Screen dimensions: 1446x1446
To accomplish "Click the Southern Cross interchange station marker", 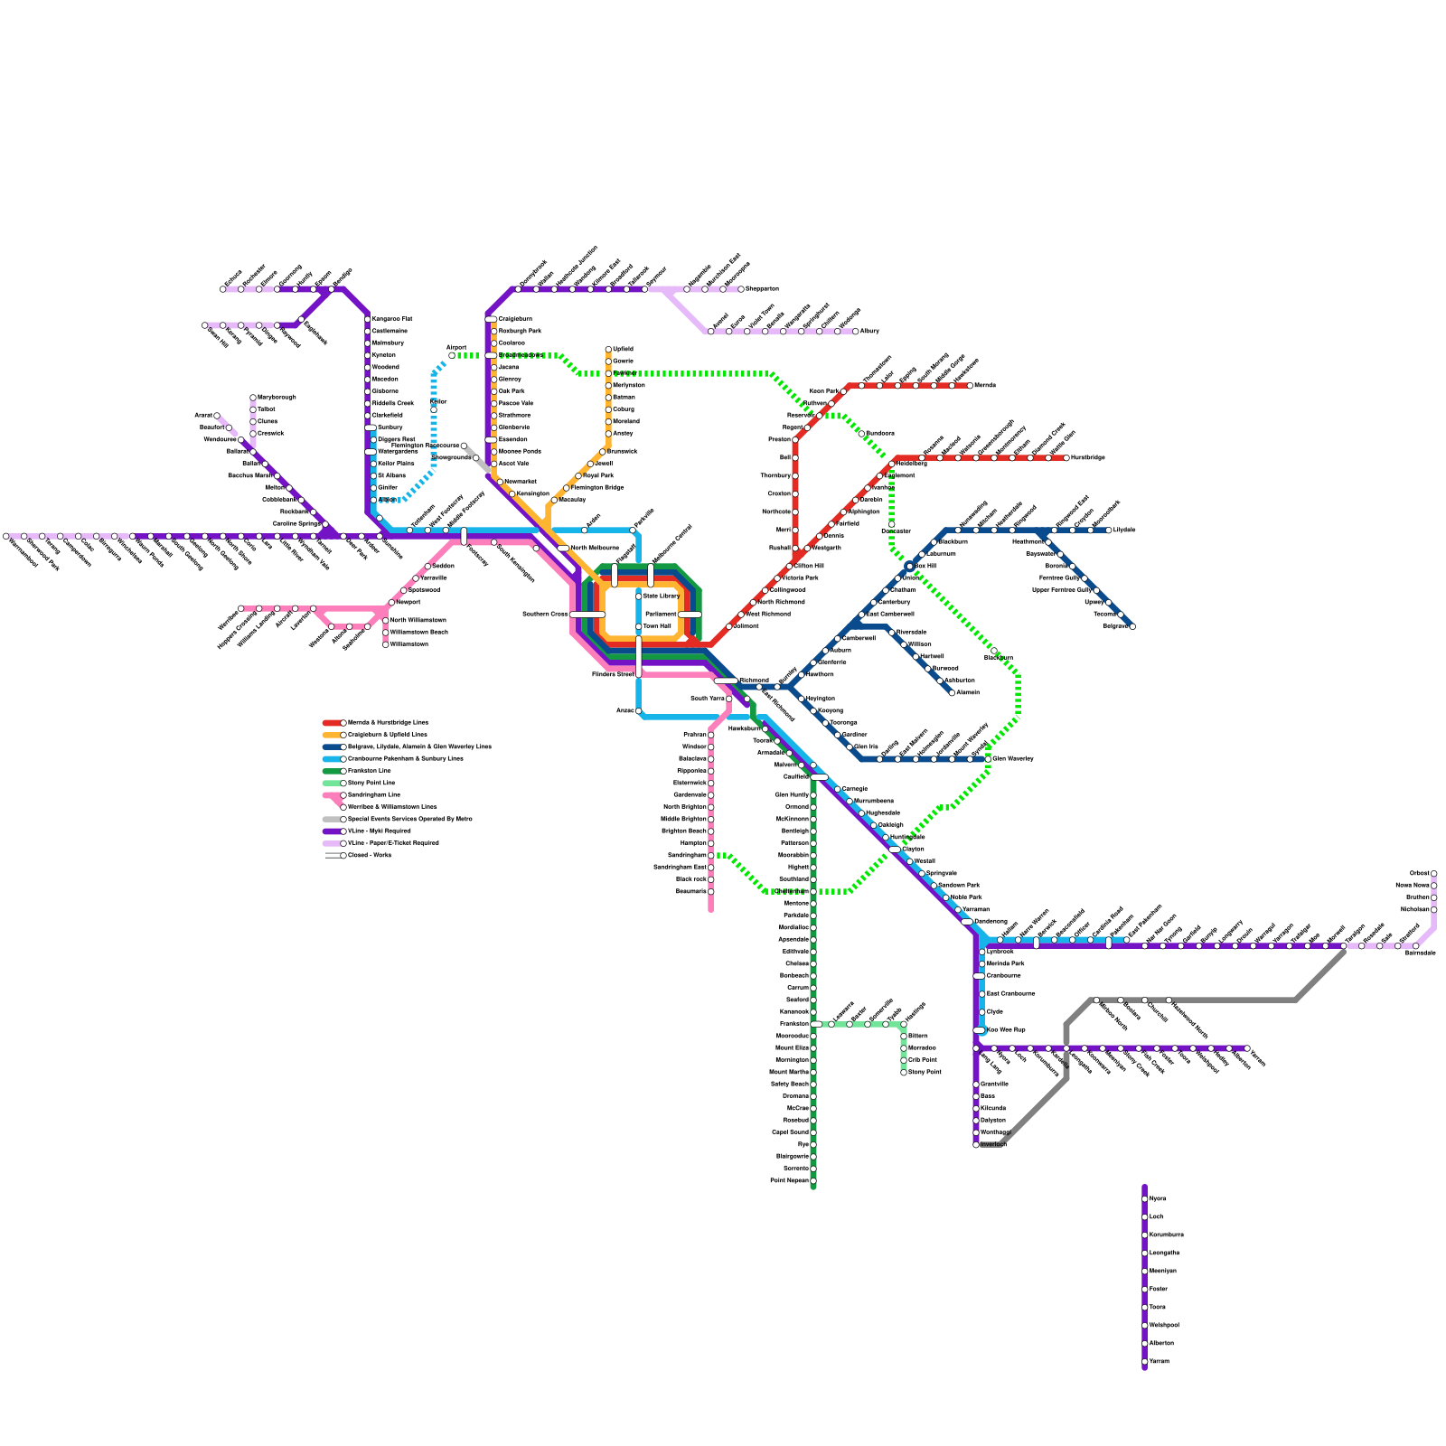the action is pos(587,615).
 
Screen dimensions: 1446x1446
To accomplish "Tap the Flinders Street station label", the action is pos(612,674).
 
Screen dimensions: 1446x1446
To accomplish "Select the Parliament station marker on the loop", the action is pos(690,615).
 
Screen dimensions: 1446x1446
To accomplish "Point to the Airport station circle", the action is pos(452,355).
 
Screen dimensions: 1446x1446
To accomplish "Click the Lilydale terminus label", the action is pos(1124,530).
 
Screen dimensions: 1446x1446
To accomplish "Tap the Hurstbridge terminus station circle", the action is pos(1066,458).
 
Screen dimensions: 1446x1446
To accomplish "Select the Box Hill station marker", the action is pos(909,567).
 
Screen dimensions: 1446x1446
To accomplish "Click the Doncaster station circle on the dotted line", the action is pos(892,524).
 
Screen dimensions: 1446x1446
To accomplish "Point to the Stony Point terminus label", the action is pos(924,1072).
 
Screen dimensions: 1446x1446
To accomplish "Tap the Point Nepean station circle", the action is pos(813,1180).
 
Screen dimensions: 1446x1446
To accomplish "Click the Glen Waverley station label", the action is pos(1012,758).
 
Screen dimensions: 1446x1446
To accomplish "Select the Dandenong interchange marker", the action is pos(966,922).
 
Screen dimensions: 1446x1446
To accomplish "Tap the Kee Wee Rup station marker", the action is pos(979,1030).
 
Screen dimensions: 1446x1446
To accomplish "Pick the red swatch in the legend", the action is pos(332,723).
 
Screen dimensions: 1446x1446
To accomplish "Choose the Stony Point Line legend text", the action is pos(371,783).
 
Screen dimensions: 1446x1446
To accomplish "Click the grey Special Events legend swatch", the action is pos(332,819).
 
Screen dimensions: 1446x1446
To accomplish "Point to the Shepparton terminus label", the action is pos(762,289).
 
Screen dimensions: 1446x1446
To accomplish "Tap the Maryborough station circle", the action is pos(253,398).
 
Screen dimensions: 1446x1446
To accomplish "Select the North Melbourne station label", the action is pos(594,548).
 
